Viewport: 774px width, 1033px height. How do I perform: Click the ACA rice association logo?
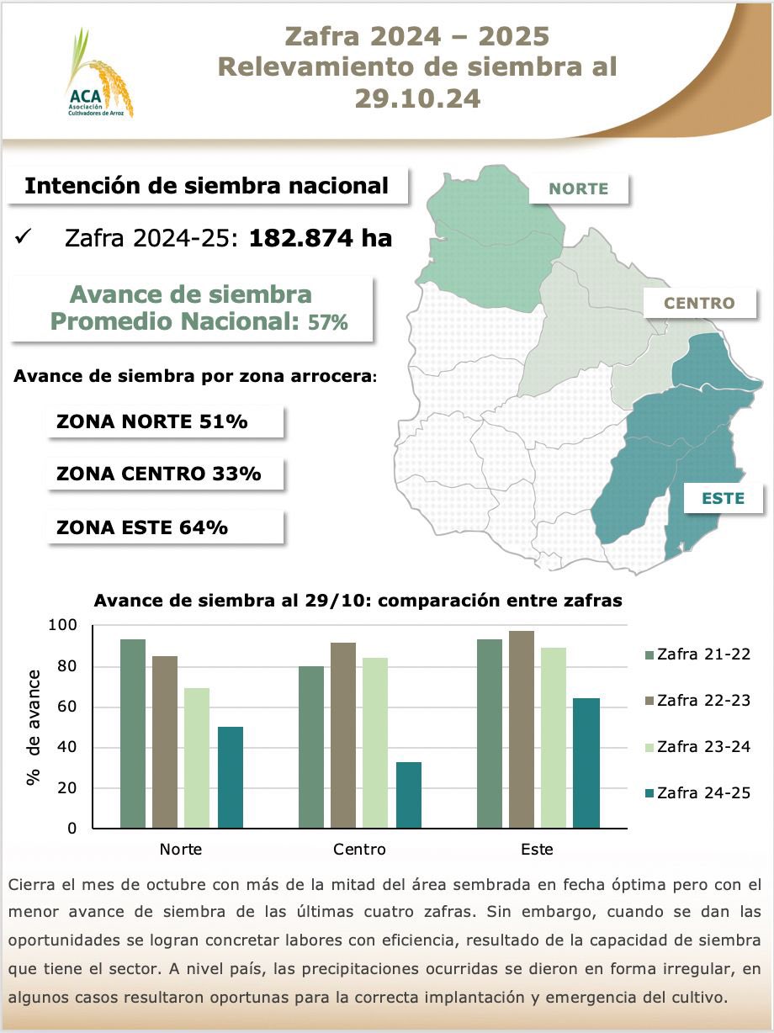(x=98, y=74)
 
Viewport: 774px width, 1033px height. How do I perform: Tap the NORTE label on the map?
(x=578, y=188)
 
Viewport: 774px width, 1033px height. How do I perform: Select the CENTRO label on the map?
(x=699, y=303)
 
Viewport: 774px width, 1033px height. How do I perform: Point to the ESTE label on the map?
(x=724, y=498)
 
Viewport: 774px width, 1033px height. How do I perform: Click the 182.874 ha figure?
(x=321, y=238)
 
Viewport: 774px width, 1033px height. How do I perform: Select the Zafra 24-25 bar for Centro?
(x=409, y=795)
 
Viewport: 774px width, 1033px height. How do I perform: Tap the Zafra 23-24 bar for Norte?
(x=197, y=758)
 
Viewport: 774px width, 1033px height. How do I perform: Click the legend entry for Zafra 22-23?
(x=696, y=700)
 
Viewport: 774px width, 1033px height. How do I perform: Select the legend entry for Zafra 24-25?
(x=696, y=792)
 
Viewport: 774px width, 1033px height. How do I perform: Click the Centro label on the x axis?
(x=359, y=849)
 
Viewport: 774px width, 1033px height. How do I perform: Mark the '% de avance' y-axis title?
(x=34, y=727)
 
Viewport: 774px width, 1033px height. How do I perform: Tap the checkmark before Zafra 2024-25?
(x=24, y=239)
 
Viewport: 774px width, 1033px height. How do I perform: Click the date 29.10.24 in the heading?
(x=417, y=98)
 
